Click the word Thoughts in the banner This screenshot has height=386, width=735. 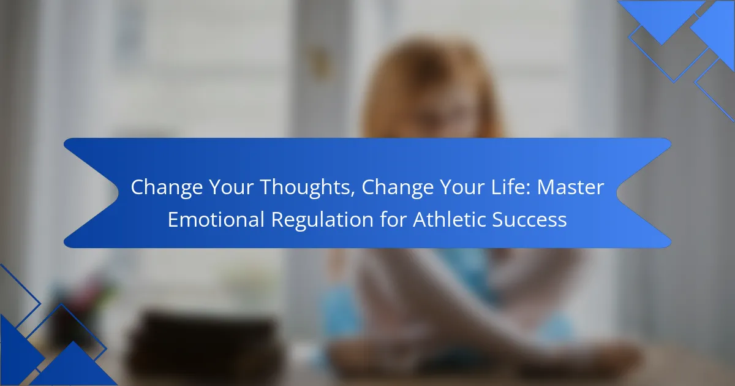click(x=307, y=187)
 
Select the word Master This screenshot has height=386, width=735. click(x=570, y=187)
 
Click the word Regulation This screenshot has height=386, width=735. click(x=322, y=220)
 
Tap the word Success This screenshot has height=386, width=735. click(x=529, y=219)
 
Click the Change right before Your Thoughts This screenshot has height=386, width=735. click(x=167, y=188)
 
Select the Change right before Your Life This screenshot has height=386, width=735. click(x=398, y=188)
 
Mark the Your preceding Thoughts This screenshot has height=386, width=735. click(x=232, y=187)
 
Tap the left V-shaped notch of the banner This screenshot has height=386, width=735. click(x=118, y=193)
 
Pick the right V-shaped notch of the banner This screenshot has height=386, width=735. click(x=617, y=193)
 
